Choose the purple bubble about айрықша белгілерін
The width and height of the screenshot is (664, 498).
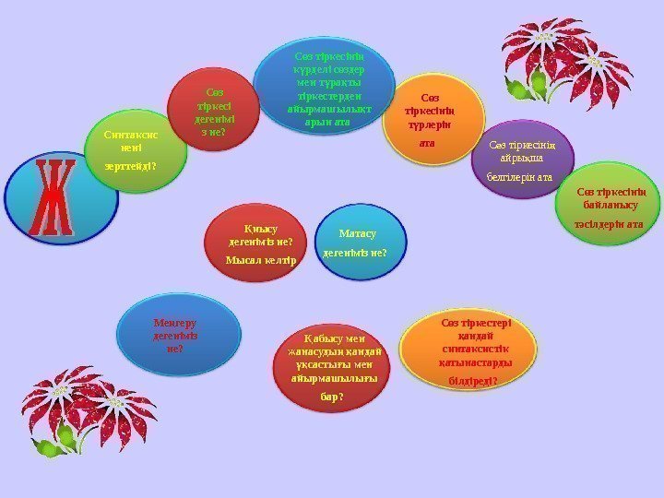point(522,158)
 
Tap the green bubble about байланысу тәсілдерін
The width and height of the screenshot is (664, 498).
point(609,207)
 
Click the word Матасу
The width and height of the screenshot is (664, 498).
point(357,234)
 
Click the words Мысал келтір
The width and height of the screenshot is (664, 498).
point(259,260)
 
